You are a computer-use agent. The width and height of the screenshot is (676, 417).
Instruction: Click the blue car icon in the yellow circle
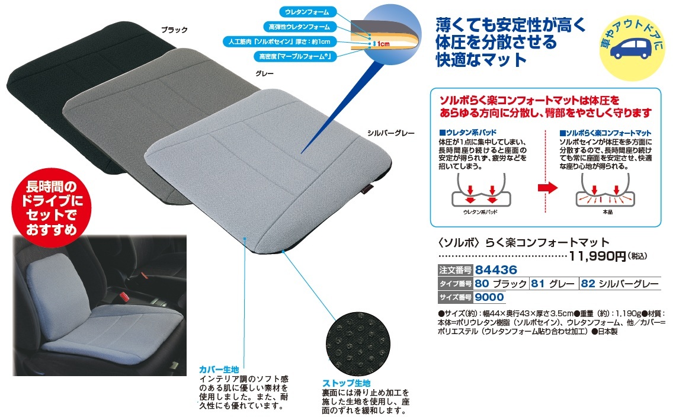[x=630, y=49]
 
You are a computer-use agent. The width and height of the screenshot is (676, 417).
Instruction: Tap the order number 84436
[x=496, y=270]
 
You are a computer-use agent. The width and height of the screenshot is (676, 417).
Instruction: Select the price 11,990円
[x=597, y=256]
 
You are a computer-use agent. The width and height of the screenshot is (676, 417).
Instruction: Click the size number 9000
[x=489, y=297]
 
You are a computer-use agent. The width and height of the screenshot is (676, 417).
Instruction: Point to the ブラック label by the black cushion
[x=174, y=30]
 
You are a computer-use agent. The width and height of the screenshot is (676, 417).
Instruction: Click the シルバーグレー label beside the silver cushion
[x=390, y=133]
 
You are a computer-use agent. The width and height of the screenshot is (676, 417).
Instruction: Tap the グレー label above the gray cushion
[x=264, y=73]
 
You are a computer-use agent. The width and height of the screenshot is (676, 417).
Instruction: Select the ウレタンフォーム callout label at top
[x=307, y=12]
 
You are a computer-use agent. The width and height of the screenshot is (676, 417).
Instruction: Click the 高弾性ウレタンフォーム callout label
[x=299, y=27]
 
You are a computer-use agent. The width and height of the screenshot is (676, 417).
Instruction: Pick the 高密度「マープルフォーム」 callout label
[x=295, y=56]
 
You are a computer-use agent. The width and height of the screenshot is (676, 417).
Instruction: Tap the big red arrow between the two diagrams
[x=547, y=188]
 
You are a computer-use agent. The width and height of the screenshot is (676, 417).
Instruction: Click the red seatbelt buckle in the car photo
[x=126, y=297]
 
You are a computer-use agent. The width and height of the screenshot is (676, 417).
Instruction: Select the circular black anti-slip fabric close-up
[x=358, y=344]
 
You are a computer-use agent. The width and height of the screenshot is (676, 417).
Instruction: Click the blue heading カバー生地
[x=219, y=370]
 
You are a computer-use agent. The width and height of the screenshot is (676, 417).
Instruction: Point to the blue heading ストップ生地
[x=346, y=383]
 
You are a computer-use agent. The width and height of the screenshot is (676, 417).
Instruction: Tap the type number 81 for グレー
[x=537, y=283]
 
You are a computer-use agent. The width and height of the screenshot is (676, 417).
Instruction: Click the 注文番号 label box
[x=455, y=270]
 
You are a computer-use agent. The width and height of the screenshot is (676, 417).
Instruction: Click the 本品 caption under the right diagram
[x=607, y=212]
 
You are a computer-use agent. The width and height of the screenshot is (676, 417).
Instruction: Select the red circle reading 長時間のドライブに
[x=52, y=208]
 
